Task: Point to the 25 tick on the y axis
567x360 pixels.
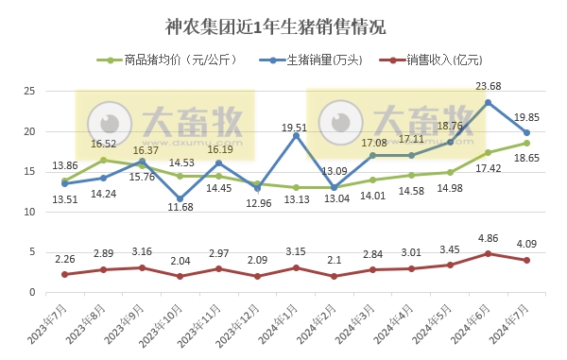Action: pyautogui.click(x=29, y=92)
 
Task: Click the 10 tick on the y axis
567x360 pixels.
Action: pyautogui.click(x=29, y=213)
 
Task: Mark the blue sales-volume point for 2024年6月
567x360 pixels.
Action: pyautogui.click(x=488, y=102)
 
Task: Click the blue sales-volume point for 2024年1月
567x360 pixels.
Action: pyautogui.click(x=296, y=135)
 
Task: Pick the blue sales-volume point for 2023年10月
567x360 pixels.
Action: pyautogui.click(x=180, y=198)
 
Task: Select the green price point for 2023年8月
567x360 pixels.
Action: pyautogui.click(x=103, y=160)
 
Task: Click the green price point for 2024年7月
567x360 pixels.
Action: pyautogui.click(x=526, y=144)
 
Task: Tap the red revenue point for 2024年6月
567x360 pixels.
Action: pyautogui.click(x=488, y=253)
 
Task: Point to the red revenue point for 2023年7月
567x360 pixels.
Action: pyautogui.click(x=64, y=274)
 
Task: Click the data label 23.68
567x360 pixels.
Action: pyautogui.click(x=488, y=87)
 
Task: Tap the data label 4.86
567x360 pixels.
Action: pyautogui.click(x=488, y=238)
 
